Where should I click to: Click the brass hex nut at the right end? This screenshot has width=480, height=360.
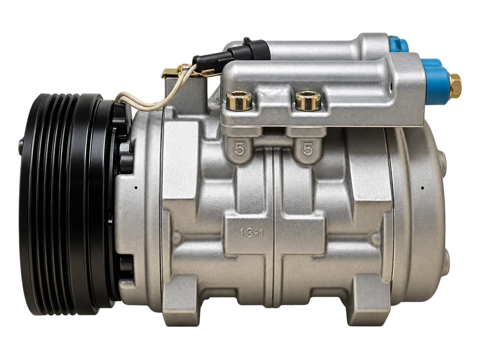pyautogui.click(x=455, y=86)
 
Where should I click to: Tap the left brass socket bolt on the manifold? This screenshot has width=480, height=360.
pyautogui.click(x=238, y=100)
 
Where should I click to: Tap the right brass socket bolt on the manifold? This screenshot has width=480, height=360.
pyautogui.click(x=308, y=100)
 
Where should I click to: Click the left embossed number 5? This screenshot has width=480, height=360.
pyautogui.click(x=240, y=149)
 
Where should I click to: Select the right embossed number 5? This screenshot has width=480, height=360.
pyautogui.click(x=308, y=149)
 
